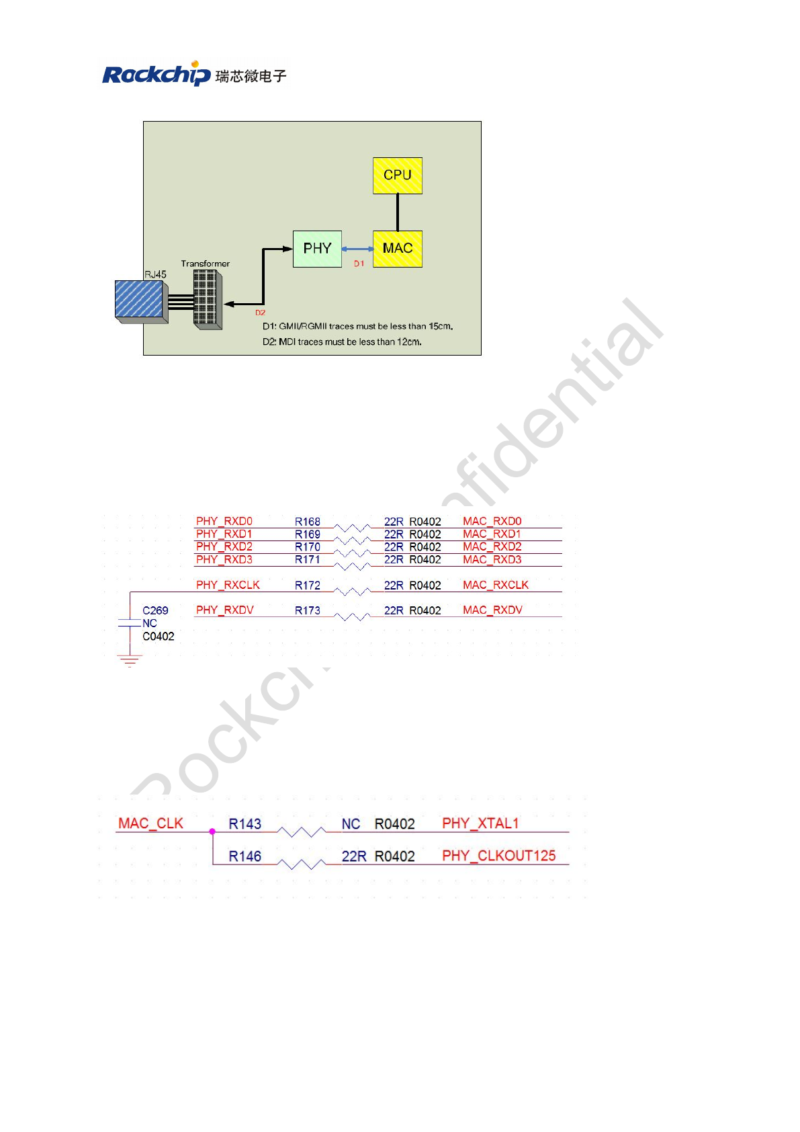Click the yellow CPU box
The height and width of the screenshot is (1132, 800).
398,175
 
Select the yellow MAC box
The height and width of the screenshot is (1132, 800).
398,249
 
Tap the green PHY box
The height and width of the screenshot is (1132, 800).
317,249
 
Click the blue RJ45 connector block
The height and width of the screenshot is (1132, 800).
140,300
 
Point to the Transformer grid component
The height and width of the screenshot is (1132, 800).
207,298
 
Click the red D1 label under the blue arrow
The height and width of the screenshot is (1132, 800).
359,264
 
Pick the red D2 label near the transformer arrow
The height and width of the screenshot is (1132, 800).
260,313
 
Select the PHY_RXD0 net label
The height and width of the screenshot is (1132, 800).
224,521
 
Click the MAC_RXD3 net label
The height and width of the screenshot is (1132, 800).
492,559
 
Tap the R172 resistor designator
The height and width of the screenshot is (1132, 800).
308,585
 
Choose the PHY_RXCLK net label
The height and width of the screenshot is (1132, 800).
228,585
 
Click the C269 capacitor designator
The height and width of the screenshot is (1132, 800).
155,610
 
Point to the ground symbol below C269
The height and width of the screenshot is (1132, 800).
130,661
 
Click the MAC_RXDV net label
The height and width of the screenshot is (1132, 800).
492,610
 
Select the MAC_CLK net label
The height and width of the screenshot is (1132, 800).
150,823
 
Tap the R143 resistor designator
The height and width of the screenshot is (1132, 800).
245,824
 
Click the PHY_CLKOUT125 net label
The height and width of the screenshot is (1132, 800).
498,856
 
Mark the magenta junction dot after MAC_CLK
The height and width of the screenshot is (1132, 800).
212,832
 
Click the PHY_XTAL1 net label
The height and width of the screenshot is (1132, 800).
480,823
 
